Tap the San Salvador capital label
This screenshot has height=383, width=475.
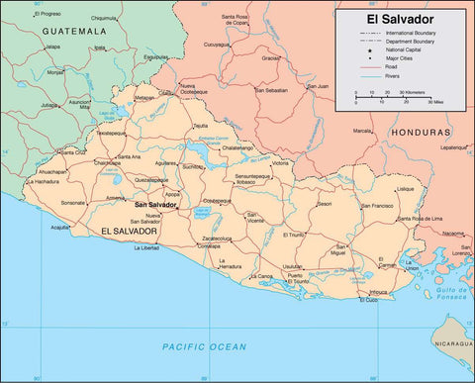[155, 204]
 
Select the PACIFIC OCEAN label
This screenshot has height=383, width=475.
[204, 345]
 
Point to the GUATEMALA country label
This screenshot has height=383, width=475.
[73, 32]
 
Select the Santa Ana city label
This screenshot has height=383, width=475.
[130, 156]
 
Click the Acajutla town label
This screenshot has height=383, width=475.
[61, 227]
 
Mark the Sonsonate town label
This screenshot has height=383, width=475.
[73, 203]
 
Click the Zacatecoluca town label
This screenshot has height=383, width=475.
[217, 239]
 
